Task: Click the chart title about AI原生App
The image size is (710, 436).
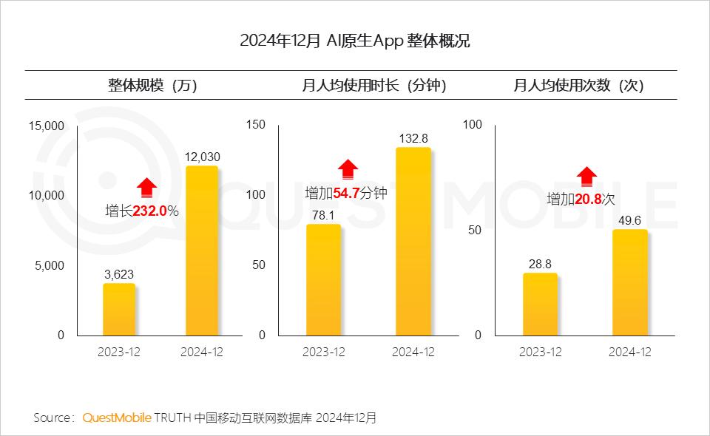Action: (x=355, y=41)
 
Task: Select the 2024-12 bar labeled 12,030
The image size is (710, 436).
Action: (x=201, y=251)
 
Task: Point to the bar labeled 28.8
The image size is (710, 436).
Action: (x=540, y=304)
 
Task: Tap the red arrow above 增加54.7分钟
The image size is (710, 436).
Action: (x=348, y=169)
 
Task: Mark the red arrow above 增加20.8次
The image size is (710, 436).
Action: (x=586, y=176)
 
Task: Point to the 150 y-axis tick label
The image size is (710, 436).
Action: (x=256, y=125)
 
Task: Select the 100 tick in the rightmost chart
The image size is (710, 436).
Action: (x=472, y=125)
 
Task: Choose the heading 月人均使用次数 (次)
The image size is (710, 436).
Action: (x=578, y=86)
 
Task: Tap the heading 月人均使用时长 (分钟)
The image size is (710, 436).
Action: (x=373, y=86)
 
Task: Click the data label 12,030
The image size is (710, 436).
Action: (x=202, y=157)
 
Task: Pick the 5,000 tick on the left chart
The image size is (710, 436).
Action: (x=50, y=265)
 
